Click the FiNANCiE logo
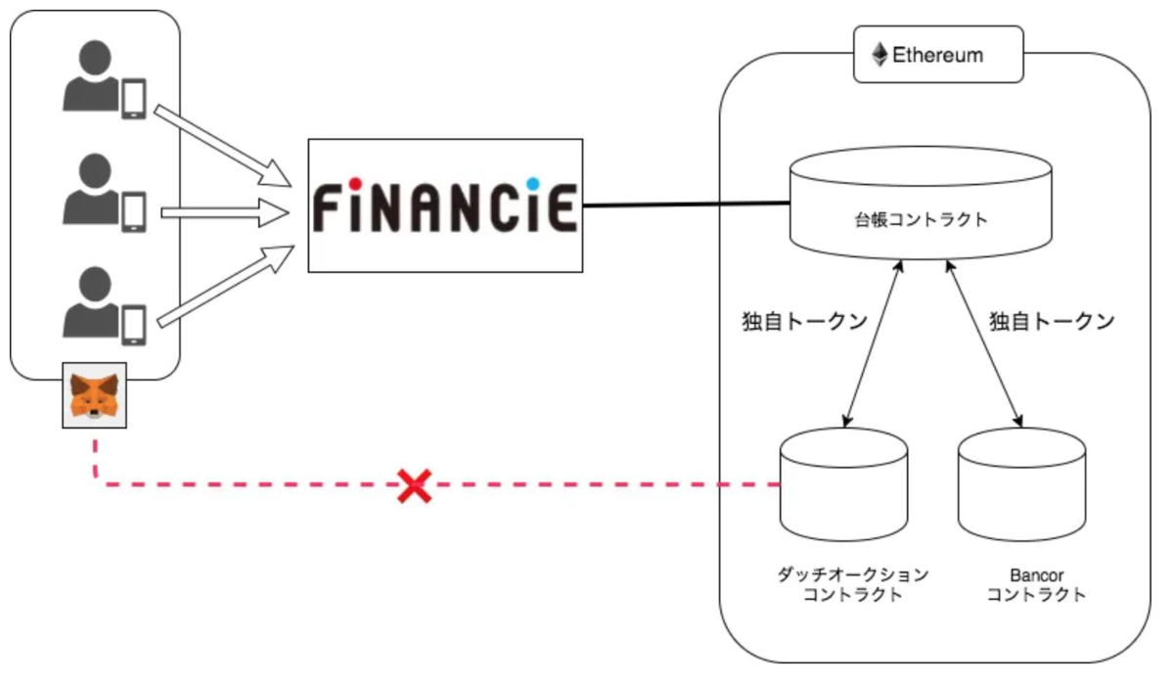coord(445,205)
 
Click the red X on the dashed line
coord(415,485)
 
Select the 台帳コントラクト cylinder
coord(921,205)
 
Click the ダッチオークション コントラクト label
coord(851,584)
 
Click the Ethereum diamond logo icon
coord(880,54)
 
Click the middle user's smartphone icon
coord(133,211)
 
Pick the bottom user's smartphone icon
coord(133,324)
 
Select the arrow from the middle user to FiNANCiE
coord(225,209)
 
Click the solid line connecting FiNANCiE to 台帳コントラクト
coord(685,205)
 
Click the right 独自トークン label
coord(1052,322)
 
